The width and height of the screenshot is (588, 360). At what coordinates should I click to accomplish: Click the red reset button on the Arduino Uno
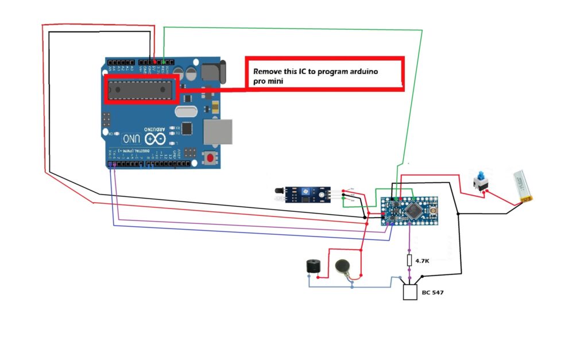(x=211, y=158)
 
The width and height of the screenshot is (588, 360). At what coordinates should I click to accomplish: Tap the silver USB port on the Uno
(x=218, y=133)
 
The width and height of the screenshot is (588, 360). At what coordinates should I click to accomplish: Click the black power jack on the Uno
(x=214, y=72)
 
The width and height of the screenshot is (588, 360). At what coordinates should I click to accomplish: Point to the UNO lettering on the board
(x=130, y=139)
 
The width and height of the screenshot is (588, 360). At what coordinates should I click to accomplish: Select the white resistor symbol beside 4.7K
(x=409, y=260)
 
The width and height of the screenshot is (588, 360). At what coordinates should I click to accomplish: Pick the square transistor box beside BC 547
(x=410, y=292)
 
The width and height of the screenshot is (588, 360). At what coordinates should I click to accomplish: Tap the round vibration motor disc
(x=343, y=266)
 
